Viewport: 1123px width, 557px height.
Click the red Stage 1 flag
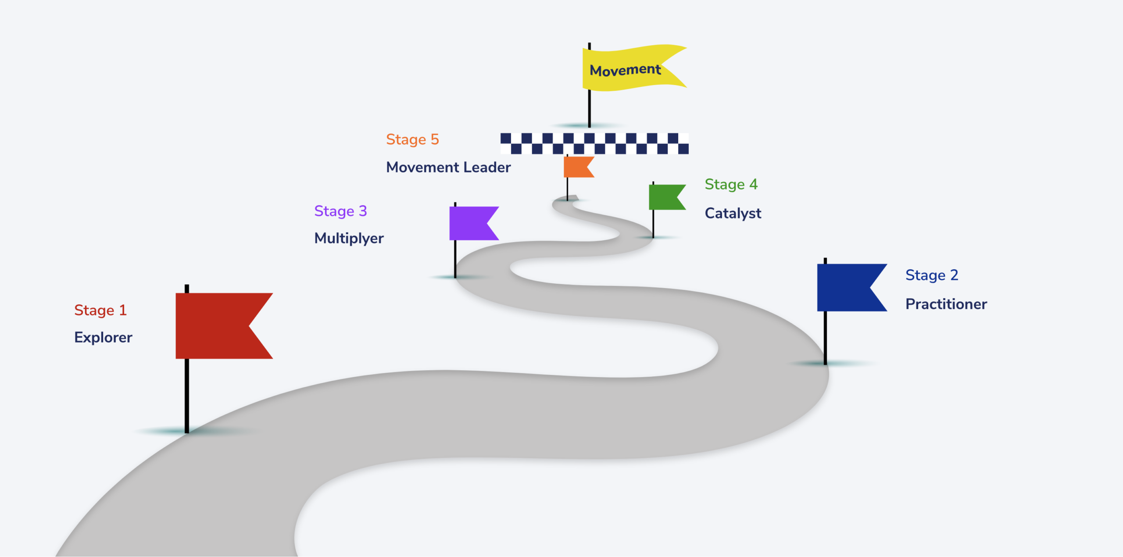(x=215, y=325)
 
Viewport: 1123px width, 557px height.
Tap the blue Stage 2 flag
(x=844, y=287)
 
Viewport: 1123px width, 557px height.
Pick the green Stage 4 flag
(x=663, y=197)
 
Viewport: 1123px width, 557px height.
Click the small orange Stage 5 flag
(x=576, y=167)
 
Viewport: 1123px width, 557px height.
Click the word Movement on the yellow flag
(x=625, y=70)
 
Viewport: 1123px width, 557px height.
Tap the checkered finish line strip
(x=594, y=143)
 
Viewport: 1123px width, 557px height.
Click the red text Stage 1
(x=100, y=310)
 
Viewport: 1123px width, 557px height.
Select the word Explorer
(x=103, y=337)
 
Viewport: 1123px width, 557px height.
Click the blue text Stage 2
(x=932, y=275)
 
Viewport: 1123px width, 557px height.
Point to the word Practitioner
(x=946, y=304)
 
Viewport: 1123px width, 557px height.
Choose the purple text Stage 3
(x=340, y=211)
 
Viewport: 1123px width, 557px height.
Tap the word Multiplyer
(x=349, y=238)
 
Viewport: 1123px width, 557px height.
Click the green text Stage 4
(x=731, y=184)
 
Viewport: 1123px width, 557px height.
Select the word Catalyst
(x=733, y=213)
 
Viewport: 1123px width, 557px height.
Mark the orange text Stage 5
(x=412, y=139)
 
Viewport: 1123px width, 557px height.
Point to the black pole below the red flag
(x=187, y=395)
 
